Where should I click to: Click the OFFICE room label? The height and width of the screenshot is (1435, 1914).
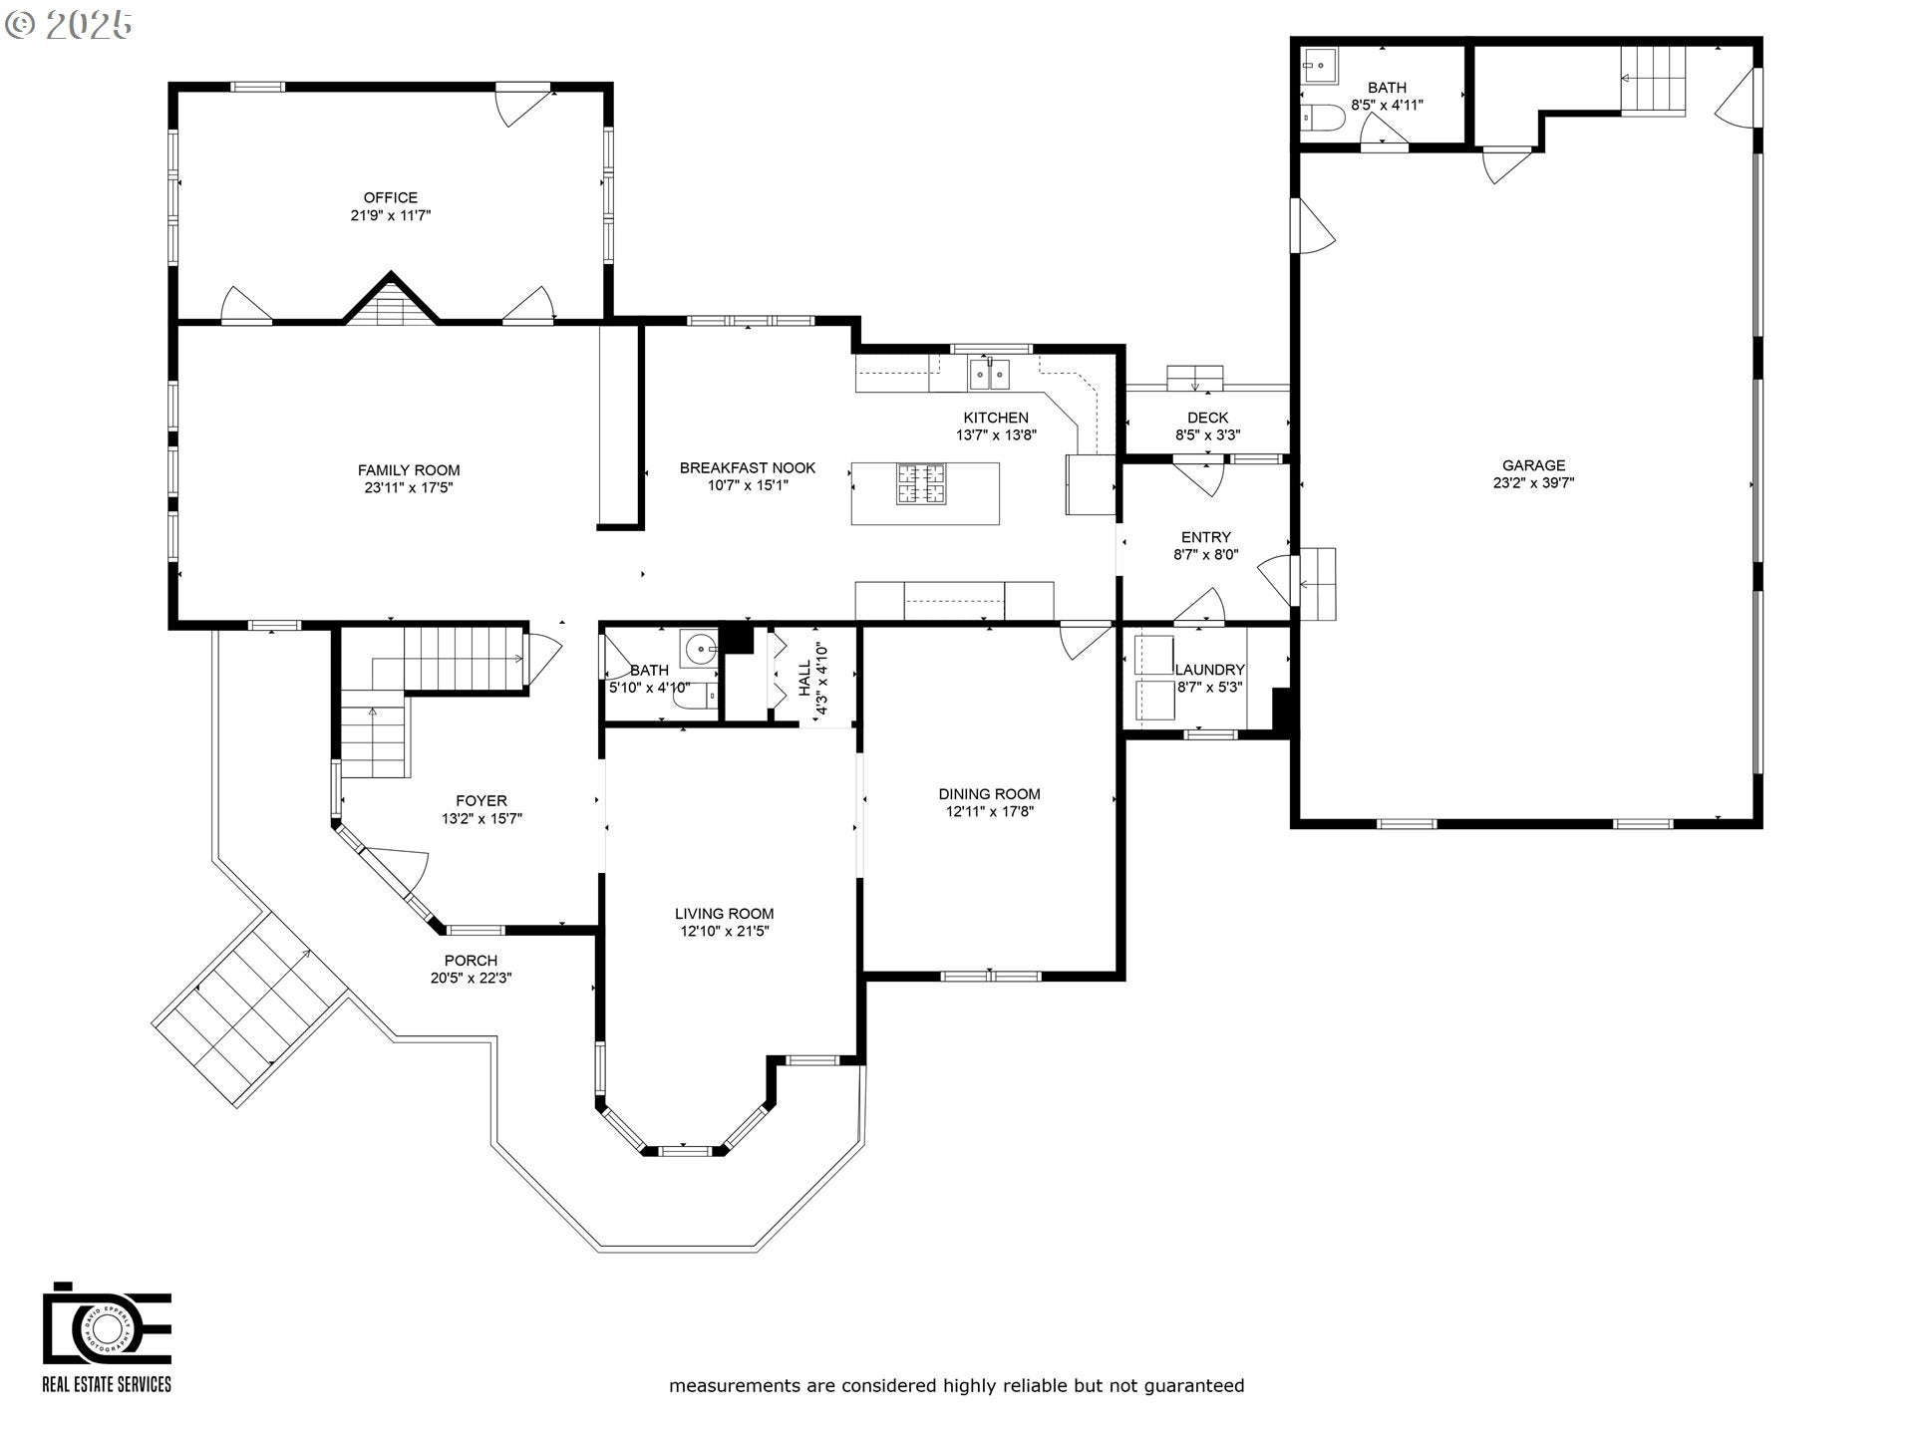390,197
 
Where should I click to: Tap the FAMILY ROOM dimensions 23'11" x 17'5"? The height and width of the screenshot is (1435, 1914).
409,488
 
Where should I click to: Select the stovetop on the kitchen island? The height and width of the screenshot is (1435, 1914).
921,484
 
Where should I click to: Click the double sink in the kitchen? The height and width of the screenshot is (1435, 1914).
989,375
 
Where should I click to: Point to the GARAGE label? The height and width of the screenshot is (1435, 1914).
1533,465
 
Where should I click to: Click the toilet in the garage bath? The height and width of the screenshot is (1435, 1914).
1323,119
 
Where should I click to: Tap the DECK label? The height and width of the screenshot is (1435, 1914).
1207,418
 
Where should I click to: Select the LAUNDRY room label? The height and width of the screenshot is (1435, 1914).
1209,670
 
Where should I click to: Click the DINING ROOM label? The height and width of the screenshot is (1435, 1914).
989,794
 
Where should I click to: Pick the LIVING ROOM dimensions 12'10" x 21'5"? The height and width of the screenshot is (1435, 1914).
724,932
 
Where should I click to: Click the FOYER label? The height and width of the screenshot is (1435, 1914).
481,801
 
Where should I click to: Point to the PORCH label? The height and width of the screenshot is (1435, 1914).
471,961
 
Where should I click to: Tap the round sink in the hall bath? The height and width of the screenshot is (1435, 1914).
701,649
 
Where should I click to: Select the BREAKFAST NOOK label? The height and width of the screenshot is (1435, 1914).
748,467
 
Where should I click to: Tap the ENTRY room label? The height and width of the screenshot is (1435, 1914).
1205,537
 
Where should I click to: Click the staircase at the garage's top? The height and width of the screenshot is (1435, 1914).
1653,80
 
